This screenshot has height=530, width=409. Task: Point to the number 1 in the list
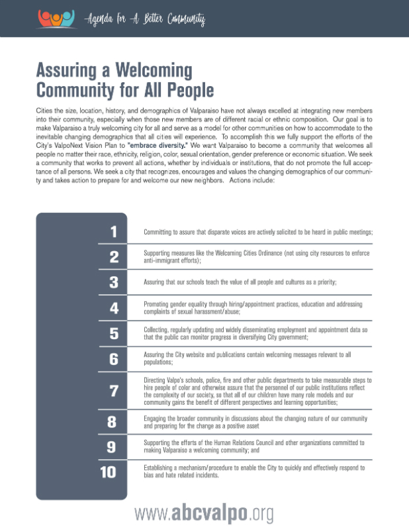(x=113, y=232)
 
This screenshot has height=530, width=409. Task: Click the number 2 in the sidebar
(x=113, y=257)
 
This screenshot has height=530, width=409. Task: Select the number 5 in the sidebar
(x=113, y=333)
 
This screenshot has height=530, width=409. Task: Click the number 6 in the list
(x=113, y=358)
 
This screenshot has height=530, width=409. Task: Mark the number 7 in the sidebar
(x=113, y=391)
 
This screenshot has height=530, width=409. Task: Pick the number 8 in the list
(x=113, y=423)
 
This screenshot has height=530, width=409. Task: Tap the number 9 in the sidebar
(x=113, y=447)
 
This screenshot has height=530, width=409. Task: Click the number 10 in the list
(x=109, y=472)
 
